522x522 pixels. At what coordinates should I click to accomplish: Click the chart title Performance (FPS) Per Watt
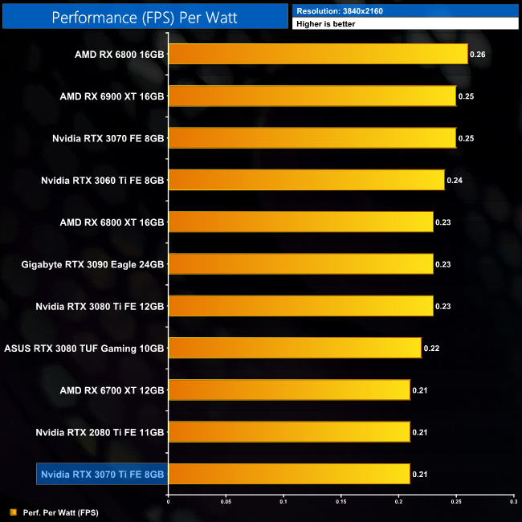pos(145,16)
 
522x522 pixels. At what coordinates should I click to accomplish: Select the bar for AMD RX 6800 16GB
pos(318,55)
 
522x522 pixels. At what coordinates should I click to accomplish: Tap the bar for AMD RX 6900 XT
pos(312,96)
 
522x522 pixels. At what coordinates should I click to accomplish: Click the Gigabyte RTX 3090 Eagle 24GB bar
pos(301,264)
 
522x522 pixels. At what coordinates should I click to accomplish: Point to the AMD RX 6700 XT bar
pos(289,390)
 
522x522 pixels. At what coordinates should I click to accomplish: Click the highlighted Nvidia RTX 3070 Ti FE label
pos(102,475)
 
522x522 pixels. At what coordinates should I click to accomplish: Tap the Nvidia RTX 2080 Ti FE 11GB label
pos(100,433)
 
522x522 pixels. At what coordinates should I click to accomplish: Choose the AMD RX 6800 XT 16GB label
pos(112,222)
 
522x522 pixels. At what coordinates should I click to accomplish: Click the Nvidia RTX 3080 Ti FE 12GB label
pos(100,307)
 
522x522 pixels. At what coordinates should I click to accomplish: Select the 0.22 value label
pos(430,349)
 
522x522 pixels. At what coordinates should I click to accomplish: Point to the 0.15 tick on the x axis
pos(341,501)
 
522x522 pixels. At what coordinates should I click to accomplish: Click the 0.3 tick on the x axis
pos(513,501)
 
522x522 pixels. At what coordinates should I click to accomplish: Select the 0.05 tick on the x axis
pos(226,501)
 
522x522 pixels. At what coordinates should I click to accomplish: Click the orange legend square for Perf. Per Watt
pos(13,512)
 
